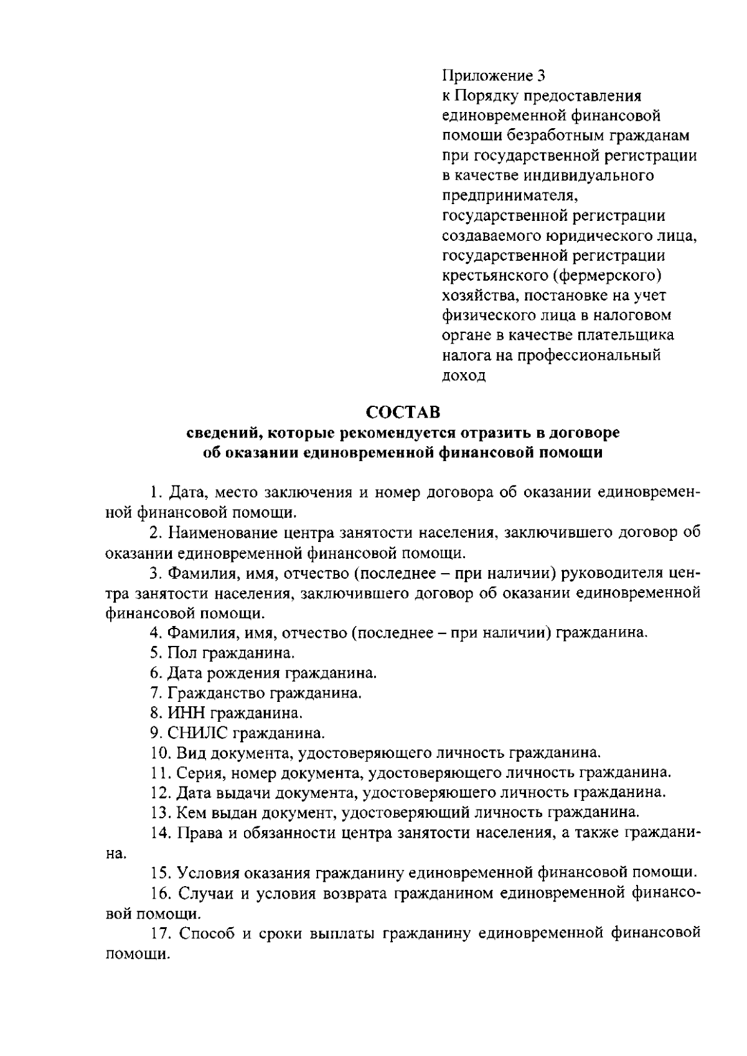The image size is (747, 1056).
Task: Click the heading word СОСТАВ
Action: pyautogui.click(x=402, y=412)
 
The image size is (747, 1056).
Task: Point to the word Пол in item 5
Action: pyautogui.click(x=181, y=653)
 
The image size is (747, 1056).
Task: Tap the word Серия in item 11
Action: pyautogui.click(x=195, y=772)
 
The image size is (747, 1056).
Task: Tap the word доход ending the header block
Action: pyautogui.click(x=464, y=376)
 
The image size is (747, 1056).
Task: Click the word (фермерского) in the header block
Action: pyautogui.click(x=606, y=275)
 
